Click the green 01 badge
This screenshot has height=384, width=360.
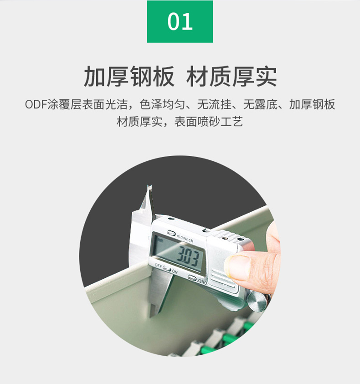click(x=180, y=21)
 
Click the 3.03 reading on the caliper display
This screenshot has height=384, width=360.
click(x=188, y=256)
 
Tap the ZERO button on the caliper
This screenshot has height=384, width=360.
click(x=192, y=277)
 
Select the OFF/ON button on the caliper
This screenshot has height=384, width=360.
click(x=167, y=269)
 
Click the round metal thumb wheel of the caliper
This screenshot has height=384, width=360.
click(x=258, y=302)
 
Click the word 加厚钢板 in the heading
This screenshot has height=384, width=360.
click(x=129, y=76)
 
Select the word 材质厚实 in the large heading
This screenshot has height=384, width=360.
click(x=231, y=76)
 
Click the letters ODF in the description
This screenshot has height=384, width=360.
click(x=36, y=105)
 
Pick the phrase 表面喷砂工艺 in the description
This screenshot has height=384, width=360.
click(x=209, y=122)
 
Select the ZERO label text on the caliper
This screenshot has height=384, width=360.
click(x=202, y=282)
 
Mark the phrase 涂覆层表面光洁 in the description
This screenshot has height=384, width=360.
click(x=87, y=105)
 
